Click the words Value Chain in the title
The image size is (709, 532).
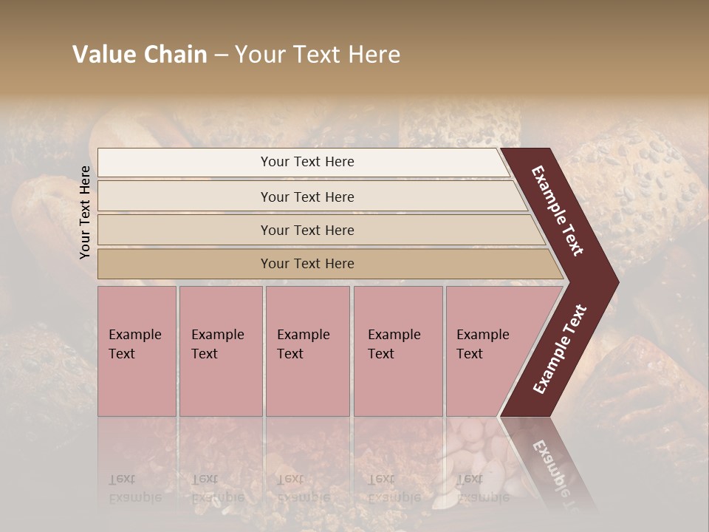[140, 55]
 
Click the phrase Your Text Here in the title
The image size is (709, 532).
[318, 55]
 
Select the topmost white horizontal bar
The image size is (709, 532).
[185, 163]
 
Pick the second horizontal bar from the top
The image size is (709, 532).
[185, 197]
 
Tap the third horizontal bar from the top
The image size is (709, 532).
[185, 230]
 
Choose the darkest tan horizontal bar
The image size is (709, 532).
[185, 264]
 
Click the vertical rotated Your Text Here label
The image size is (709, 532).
[86, 212]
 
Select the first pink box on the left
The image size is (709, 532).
[137, 384]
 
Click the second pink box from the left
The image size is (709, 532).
[221, 384]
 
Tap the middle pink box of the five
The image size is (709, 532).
[307, 384]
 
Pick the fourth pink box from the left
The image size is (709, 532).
[398, 384]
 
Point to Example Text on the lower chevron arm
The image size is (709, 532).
[560, 349]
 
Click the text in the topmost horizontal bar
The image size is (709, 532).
[307, 162]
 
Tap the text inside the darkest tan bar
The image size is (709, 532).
[307, 264]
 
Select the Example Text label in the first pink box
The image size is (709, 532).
[134, 344]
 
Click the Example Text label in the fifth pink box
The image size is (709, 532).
[482, 344]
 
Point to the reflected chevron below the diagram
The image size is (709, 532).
[550, 462]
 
